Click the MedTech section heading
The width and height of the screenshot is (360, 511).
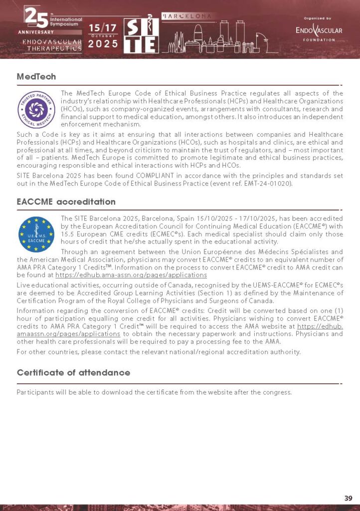pyautogui.click(x=36, y=76)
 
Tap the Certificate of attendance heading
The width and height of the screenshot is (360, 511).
pyautogui.click(x=73, y=373)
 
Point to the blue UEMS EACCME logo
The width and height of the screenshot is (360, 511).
pyautogui.click(x=36, y=234)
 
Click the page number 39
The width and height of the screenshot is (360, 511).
pyautogui.click(x=348, y=498)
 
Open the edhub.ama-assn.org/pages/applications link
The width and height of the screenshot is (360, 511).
pyautogui.click(x=131, y=275)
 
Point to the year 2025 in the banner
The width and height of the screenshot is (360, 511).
pyautogui.click(x=103, y=44)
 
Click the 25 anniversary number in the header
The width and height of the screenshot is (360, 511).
pyautogui.click(x=36, y=18)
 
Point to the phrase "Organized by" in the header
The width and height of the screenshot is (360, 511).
pyautogui.click(x=318, y=18)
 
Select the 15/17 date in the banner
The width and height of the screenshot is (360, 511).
pyautogui.click(x=103, y=28)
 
